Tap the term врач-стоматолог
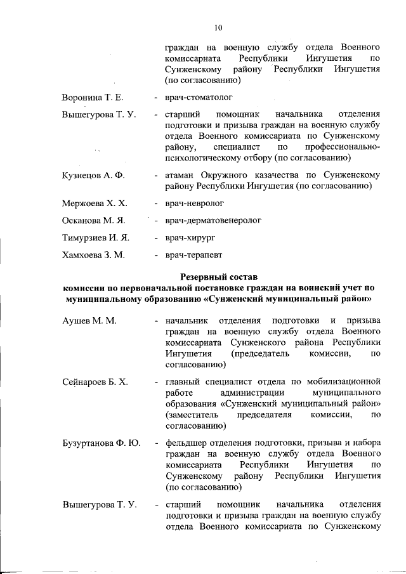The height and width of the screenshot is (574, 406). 199,98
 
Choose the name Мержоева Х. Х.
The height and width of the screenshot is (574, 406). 94,204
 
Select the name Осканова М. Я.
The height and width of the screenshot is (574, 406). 93,221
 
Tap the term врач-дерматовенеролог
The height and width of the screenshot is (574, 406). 213,221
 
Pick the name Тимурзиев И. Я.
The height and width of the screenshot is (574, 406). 96,238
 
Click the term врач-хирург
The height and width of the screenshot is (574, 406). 190,238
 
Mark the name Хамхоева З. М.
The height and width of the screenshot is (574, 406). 94,255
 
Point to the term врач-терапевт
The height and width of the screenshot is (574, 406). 193,255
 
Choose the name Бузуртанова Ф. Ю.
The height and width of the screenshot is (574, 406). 101,442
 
